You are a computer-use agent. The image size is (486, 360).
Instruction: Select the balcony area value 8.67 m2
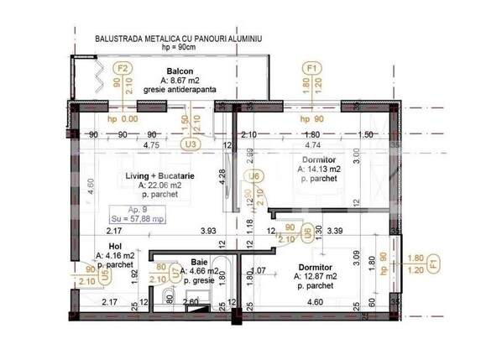[x=184, y=80]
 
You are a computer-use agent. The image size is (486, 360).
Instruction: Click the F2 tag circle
[x=123, y=68]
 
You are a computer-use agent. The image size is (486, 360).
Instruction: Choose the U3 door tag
[x=192, y=143]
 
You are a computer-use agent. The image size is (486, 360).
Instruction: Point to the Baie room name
[x=199, y=261]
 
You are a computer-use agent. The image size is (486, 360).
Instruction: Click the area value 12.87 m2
[x=316, y=275]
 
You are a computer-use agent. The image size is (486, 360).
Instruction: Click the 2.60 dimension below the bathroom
[x=191, y=302]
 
